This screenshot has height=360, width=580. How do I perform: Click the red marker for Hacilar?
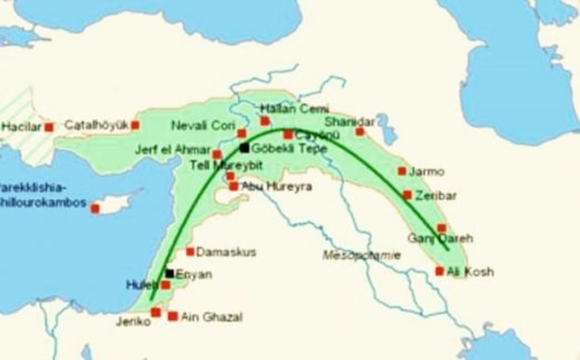pos(49,127)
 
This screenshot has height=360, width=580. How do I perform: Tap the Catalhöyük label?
pos(97,125)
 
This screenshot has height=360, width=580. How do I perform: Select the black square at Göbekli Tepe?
pos(244,148)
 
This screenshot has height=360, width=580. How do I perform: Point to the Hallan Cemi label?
pos(295,108)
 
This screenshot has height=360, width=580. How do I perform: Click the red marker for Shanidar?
pos(360,132)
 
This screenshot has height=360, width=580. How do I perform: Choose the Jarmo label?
pos(426,172)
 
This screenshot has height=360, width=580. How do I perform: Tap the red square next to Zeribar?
pos(407,195)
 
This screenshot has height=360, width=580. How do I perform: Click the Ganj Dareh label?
pos(440,238)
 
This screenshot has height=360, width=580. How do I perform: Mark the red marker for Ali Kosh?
pos(440,271)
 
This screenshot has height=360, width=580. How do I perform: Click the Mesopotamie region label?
pos(362,254)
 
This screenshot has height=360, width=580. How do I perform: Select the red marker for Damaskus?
pos(190,252)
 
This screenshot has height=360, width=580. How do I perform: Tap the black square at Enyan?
pos(169,273)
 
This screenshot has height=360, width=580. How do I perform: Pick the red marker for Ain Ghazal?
pos(173,316)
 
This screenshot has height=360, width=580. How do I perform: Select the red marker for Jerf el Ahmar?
pos(217,154)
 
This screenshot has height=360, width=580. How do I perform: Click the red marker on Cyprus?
pos(95,208)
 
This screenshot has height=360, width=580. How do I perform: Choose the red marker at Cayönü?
pos(288,135)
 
